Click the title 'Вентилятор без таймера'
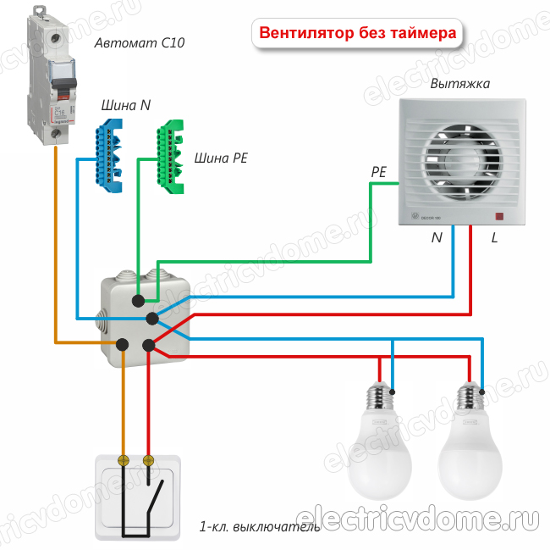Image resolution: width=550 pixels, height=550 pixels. coord(358,35)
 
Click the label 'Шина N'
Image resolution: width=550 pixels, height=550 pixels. coord(126,105)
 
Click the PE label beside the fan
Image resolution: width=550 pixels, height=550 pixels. coord(378,172)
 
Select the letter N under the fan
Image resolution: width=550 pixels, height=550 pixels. coord(437,238)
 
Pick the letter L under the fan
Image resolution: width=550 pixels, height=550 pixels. coord(494,238)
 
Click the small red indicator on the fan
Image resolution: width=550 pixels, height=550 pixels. coord(499,216)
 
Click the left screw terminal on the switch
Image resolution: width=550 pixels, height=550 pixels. coord(124,461)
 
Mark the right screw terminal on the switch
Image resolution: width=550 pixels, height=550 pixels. coord(150,461)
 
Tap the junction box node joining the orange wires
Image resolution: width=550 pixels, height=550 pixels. coord(124,343)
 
